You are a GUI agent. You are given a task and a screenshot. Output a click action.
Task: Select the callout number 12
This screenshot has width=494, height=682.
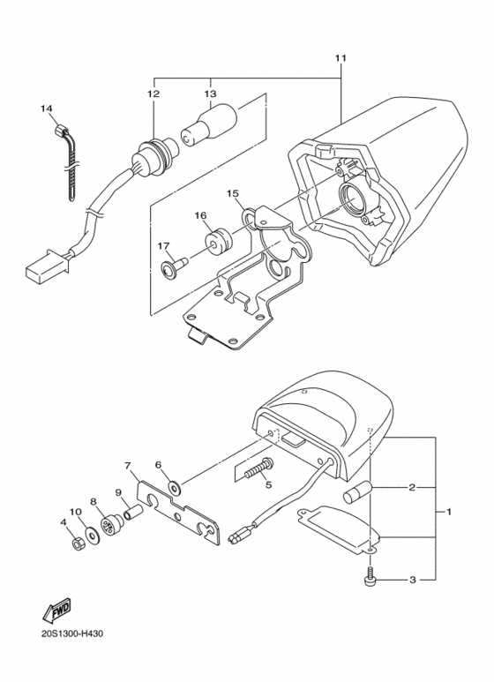(x=153, y=94)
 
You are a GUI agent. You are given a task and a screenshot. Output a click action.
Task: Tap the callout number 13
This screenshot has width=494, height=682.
(x=210, y=94)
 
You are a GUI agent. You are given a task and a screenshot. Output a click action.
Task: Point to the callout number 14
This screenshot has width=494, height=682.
(x=47, y=109)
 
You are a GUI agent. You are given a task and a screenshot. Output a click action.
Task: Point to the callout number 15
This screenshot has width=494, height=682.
(x=232, y=192)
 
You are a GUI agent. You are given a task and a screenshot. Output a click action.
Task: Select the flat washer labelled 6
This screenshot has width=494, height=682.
(x=176, y=484)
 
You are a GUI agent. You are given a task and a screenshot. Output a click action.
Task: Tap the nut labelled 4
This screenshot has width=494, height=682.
(x=77, y=541)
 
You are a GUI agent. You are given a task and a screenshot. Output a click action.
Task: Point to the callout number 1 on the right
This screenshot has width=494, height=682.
(x=449, y=512)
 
